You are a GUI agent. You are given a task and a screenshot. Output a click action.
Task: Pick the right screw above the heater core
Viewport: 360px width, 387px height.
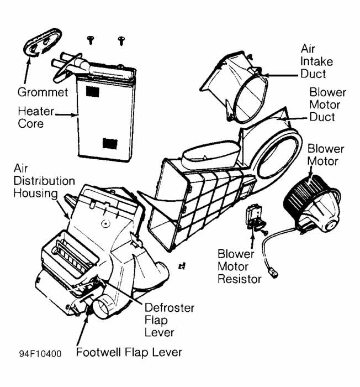click(120, 40)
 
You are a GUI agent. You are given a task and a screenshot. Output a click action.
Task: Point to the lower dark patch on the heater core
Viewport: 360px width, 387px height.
click(109, 143)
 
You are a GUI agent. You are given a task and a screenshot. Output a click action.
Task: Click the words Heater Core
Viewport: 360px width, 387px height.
click(35, 117)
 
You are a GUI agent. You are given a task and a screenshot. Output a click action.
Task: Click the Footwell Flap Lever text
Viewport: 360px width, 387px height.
click(129, 352)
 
